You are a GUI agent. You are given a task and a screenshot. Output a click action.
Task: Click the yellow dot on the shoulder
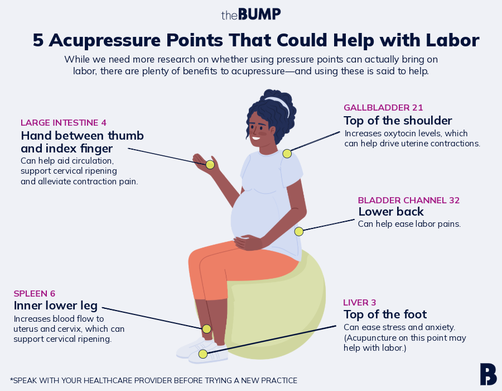tap(287, 154)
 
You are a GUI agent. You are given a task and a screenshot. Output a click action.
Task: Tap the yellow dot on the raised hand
tap(210, 164)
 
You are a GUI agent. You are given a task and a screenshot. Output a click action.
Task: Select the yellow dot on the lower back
tap(299, 231)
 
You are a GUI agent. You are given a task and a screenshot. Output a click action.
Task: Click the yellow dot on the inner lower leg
tap(206, 328)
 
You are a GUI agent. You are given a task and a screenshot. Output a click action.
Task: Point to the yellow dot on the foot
tap(203, 354)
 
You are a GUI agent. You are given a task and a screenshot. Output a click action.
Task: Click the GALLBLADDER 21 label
tap(383, 107)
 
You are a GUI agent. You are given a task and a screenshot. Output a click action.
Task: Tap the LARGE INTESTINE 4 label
tap(64, 122)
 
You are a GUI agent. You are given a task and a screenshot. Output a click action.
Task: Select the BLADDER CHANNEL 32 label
tap(409, 200)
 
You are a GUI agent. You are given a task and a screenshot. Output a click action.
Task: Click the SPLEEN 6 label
tap(35, 293)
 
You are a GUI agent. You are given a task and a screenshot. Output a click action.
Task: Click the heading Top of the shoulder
tap(398, 121)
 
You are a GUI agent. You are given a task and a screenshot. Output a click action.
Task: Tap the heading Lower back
tap(391, 212)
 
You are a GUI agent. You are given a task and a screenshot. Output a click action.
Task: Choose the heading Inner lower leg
tap(56, 306)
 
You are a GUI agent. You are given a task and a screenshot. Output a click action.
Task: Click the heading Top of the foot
tap(385, 314)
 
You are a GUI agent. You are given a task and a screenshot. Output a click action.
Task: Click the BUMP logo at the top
tap(251, 14)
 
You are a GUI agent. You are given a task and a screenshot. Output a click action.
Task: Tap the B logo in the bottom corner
tap(488, 374)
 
